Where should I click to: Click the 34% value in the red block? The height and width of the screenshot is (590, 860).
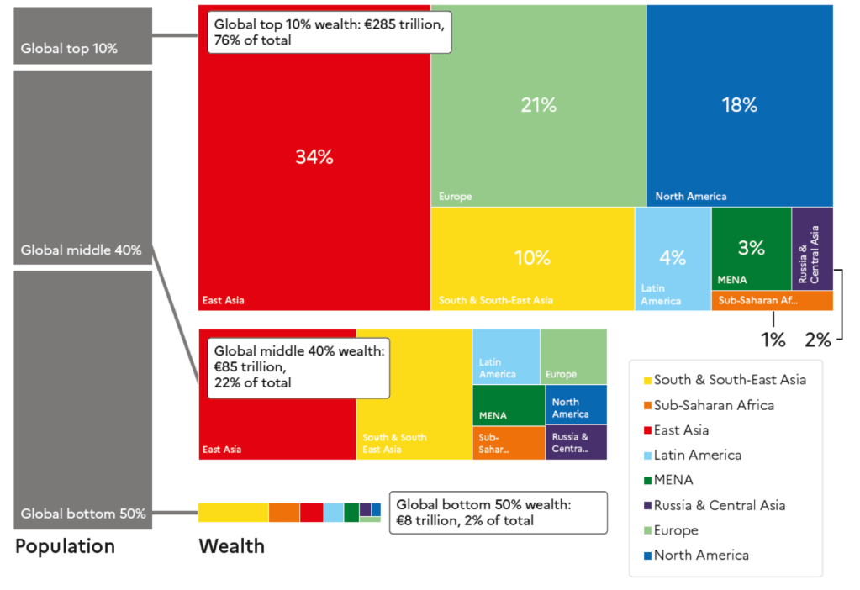314,156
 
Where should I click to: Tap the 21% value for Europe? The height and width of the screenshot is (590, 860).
538,105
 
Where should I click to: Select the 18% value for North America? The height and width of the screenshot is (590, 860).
739,105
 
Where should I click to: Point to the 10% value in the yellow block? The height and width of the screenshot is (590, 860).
532,258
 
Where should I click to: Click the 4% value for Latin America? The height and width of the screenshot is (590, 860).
673,257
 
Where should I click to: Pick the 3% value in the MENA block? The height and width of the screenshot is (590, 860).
751,248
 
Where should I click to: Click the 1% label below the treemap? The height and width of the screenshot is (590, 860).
773,340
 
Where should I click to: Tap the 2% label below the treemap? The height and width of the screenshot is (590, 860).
817,340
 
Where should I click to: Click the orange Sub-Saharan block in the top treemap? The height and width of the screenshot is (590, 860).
772,301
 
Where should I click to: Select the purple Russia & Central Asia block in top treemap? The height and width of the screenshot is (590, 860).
812,248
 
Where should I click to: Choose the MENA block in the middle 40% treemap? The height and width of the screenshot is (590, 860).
508,405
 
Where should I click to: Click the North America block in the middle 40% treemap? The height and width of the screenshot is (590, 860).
575,404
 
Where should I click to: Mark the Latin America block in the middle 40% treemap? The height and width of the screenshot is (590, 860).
505,356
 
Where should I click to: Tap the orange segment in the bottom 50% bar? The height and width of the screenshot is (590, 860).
284,513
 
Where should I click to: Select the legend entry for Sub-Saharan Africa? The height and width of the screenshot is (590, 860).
714,405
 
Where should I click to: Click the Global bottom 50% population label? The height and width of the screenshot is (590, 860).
83,513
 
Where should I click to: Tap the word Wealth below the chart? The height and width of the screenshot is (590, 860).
231,546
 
